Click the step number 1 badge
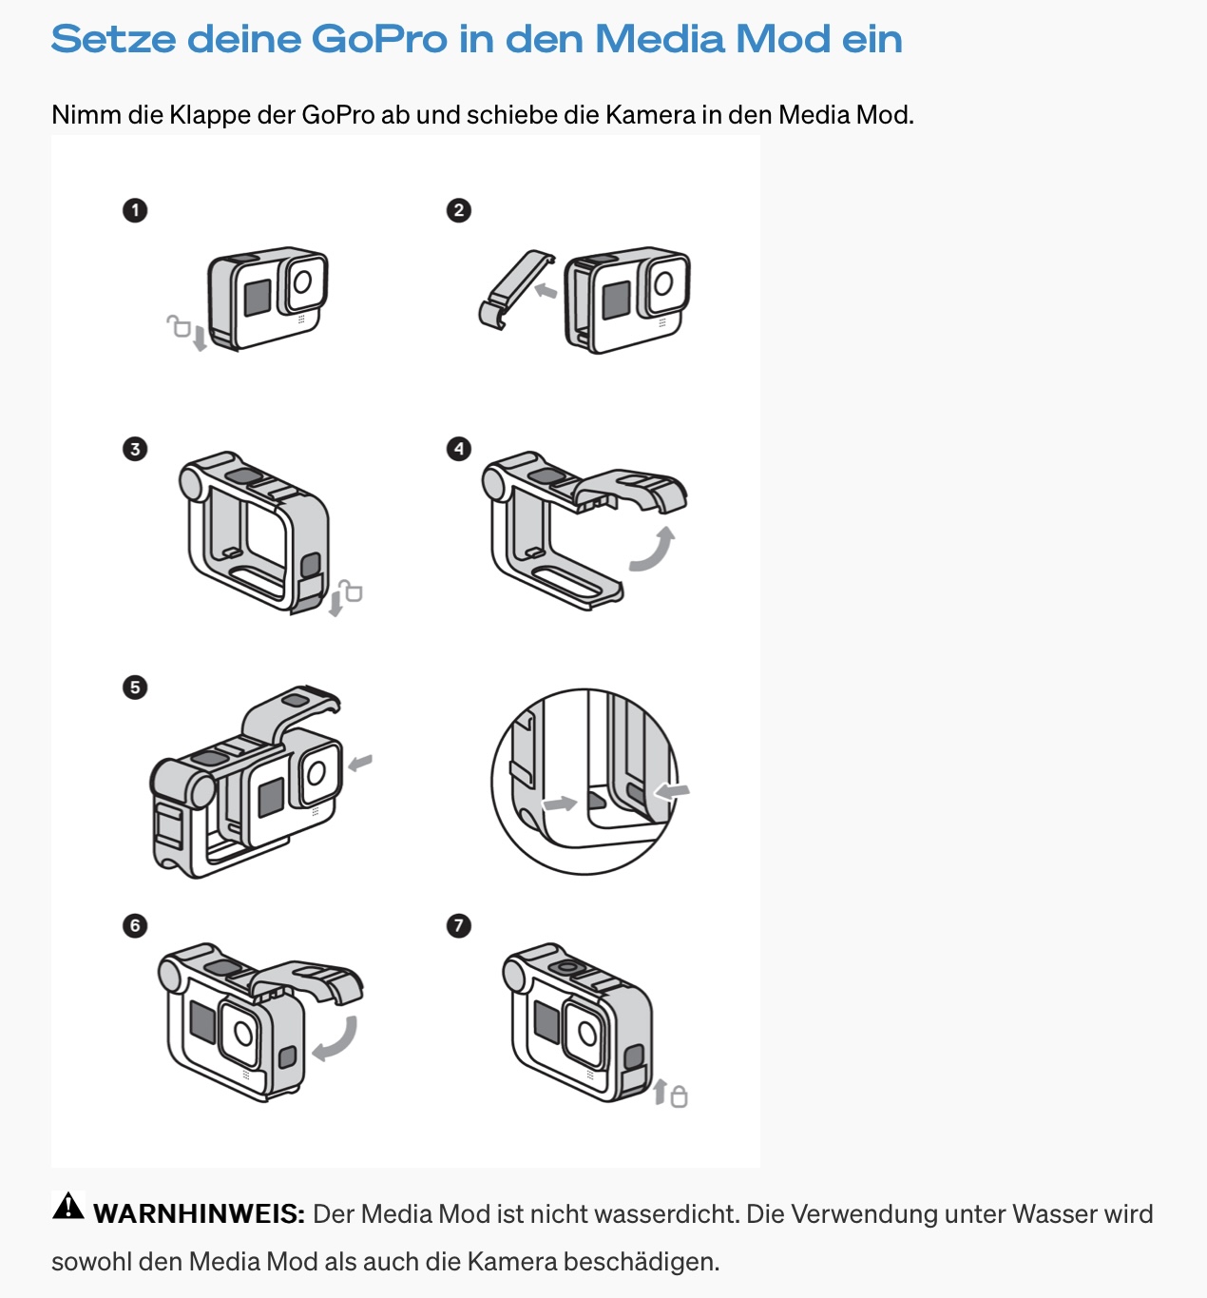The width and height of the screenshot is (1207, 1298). (x=135, y=210)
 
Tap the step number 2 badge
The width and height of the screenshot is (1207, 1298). (x=459, y=210)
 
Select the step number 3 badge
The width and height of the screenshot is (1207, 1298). (x=135, y=449)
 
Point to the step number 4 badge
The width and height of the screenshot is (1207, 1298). (x=459, y=449)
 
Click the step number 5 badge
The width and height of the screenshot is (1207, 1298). (x=135, y=687)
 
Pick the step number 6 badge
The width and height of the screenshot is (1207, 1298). (x=135, y=925)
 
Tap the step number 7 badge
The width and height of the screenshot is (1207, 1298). (x=459, y=925)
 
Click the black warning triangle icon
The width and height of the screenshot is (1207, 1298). (x=68, y=1206)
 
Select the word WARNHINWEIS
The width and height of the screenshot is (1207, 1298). (x=199, y=1214)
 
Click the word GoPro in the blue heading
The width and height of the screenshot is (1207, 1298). (x=379, y=39)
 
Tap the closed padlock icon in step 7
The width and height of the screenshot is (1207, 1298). (x=679, y=1096)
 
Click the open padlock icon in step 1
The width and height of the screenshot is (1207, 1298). (x=179, y=326)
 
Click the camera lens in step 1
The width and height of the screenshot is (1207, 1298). (x=302, y=281)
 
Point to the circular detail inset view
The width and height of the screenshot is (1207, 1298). (x=584, y=782)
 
